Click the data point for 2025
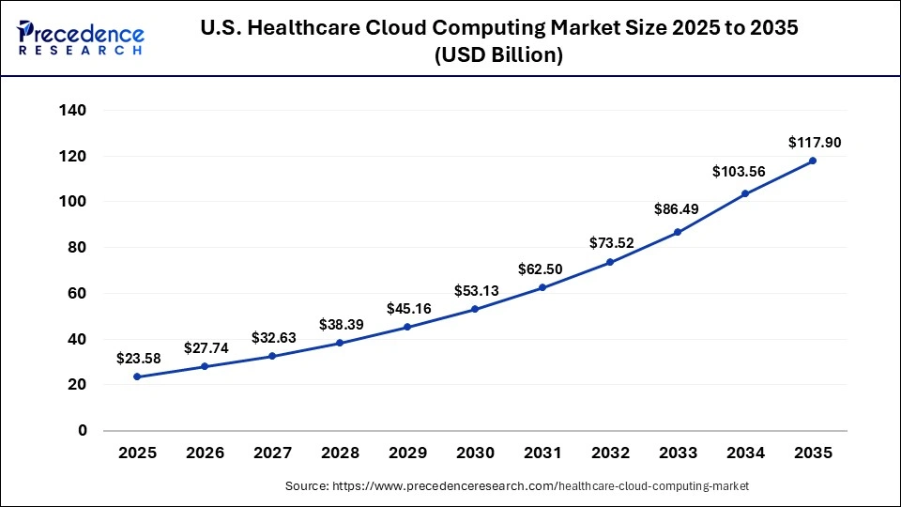(x=137, y=376)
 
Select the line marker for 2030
(x=475, y=309)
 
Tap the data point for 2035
(x=813, y=161)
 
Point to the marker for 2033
(x=678, y=232)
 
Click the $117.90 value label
(x=815, y=143)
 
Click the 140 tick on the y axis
(x=73, y=111)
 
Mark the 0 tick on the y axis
(x=83, y=431)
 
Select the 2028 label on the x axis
(x=340, y=453)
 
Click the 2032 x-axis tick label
(x=610, y=453)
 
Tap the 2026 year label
(x=205, y=453)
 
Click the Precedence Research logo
(x=81, y=38)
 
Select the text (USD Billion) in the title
(x=498, y=55)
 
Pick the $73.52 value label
(x=612, y=243)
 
